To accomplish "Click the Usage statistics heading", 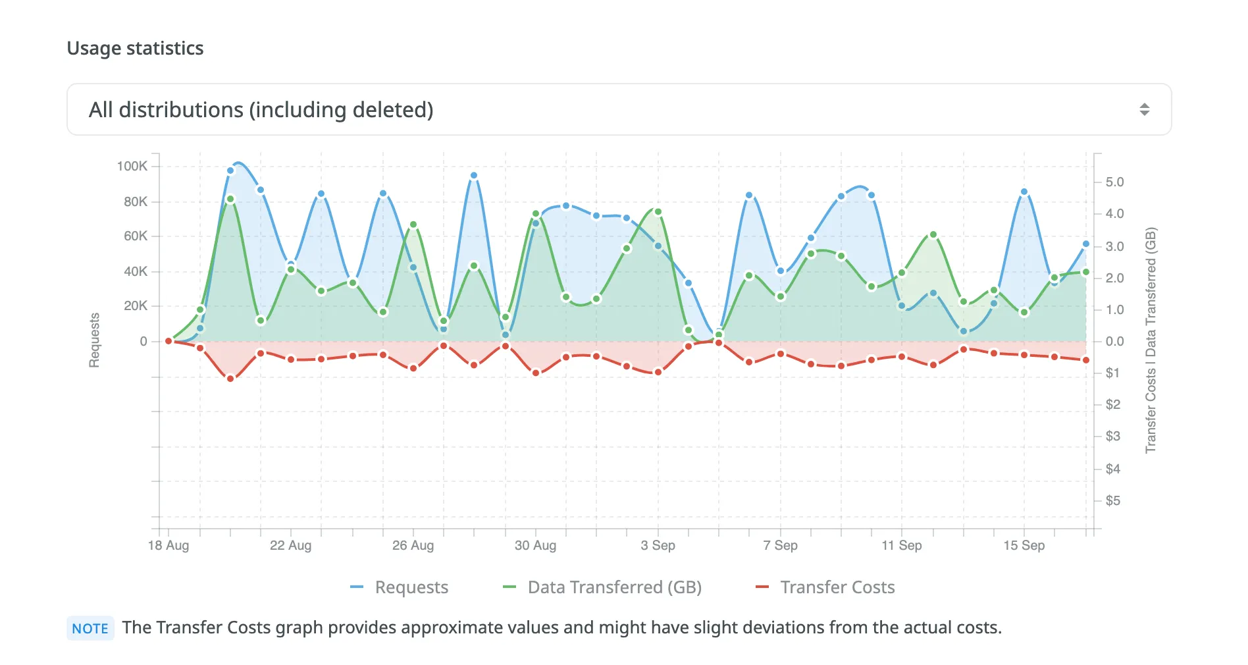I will click(x=135, y=48).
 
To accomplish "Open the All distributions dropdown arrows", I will click(x=1144, y=109).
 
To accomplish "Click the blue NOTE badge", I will click(x=90, y=628).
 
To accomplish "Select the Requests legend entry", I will click(x=400, y=587).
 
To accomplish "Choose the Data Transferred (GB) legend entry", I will click(x=603, y=587).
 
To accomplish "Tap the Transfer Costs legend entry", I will click(x=826, y=587).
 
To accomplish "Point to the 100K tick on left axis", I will click(x=132, y=166).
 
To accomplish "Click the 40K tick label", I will click(x=136, y=271).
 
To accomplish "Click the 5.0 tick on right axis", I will click(x=1114, y=182).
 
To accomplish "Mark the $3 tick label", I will click(x=1112, y=436).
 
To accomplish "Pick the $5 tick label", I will click(x=1112, y=500).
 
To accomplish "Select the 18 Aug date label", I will click(x=169, y=545).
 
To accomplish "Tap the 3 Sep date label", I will click(x=658, y=545).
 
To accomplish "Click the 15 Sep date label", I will click(x=1024, y=545).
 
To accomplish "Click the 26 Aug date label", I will click(x=413, y=545).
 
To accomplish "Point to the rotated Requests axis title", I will click(x=95, y=340).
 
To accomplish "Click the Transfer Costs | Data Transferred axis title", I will click(x=1150, y=340).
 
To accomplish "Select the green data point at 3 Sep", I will click(x=658, y=212).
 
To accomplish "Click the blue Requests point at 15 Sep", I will click(x=1024, y=192).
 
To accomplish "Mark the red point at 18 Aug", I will click(x=169, y=341).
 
